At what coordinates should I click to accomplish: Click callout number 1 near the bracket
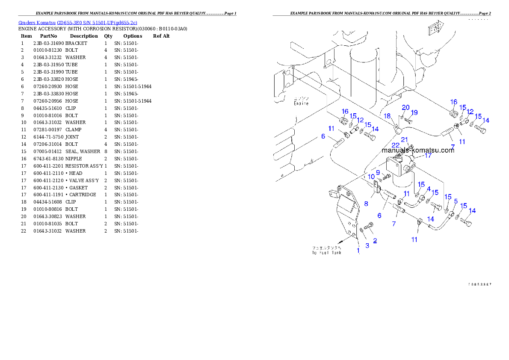358,251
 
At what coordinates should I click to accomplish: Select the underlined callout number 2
375,241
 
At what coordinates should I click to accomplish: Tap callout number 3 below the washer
367,245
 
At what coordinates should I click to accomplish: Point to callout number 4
429,189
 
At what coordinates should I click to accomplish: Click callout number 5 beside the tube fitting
456,201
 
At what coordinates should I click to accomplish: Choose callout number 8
366,204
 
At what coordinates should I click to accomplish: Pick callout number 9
378,173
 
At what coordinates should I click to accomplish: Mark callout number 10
371,177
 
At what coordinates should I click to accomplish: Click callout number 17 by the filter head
428,156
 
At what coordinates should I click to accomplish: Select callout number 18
387,116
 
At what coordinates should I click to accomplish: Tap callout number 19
414,112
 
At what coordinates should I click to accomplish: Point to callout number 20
405,107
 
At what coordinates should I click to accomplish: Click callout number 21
405,139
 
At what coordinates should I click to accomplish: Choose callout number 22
396,145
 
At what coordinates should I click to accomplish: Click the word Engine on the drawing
301,103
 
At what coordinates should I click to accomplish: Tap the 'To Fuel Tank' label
326,250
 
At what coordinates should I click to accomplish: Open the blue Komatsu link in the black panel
78,23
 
